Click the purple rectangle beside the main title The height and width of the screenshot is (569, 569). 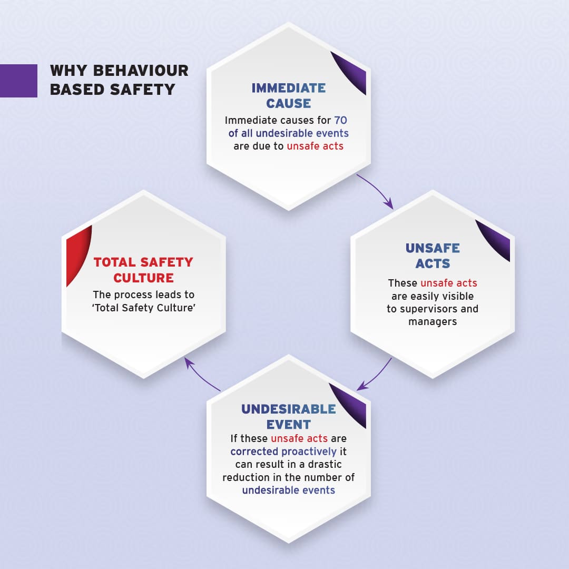(x=18, y=81)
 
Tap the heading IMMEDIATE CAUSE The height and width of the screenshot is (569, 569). (x=288, y=95)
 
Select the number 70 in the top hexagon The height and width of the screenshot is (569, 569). (x=340, y=120)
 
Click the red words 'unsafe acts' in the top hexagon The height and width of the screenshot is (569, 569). (x=315, y=146)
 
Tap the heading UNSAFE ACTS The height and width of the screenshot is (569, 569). (x=432, y=255)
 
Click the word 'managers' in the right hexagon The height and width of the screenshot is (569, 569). (x=432, y=321)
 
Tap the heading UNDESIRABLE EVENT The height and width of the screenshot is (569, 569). (x=288, y=416)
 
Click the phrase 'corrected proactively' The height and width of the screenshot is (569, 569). (x=283, y=452)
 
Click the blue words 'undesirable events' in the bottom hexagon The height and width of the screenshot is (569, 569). (x=288, y=490)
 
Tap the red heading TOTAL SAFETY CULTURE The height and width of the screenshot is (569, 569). (x=143, y=269)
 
